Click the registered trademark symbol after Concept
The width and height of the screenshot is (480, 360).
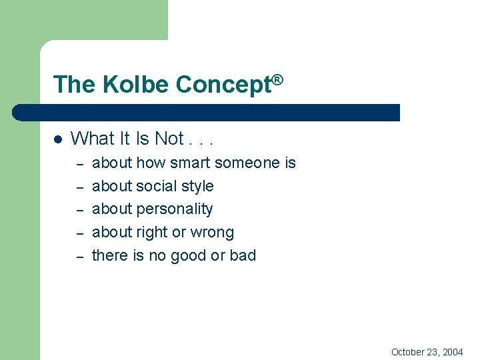tap(278, 80)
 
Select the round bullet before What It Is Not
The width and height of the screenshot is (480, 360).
tap(57, 139)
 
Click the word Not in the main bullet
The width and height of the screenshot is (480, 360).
tap(169, 139)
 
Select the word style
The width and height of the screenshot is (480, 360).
tap(197, 186)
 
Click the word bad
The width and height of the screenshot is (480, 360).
tap(243, 256)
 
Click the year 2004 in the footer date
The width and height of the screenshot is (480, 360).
tap(452, 352)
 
